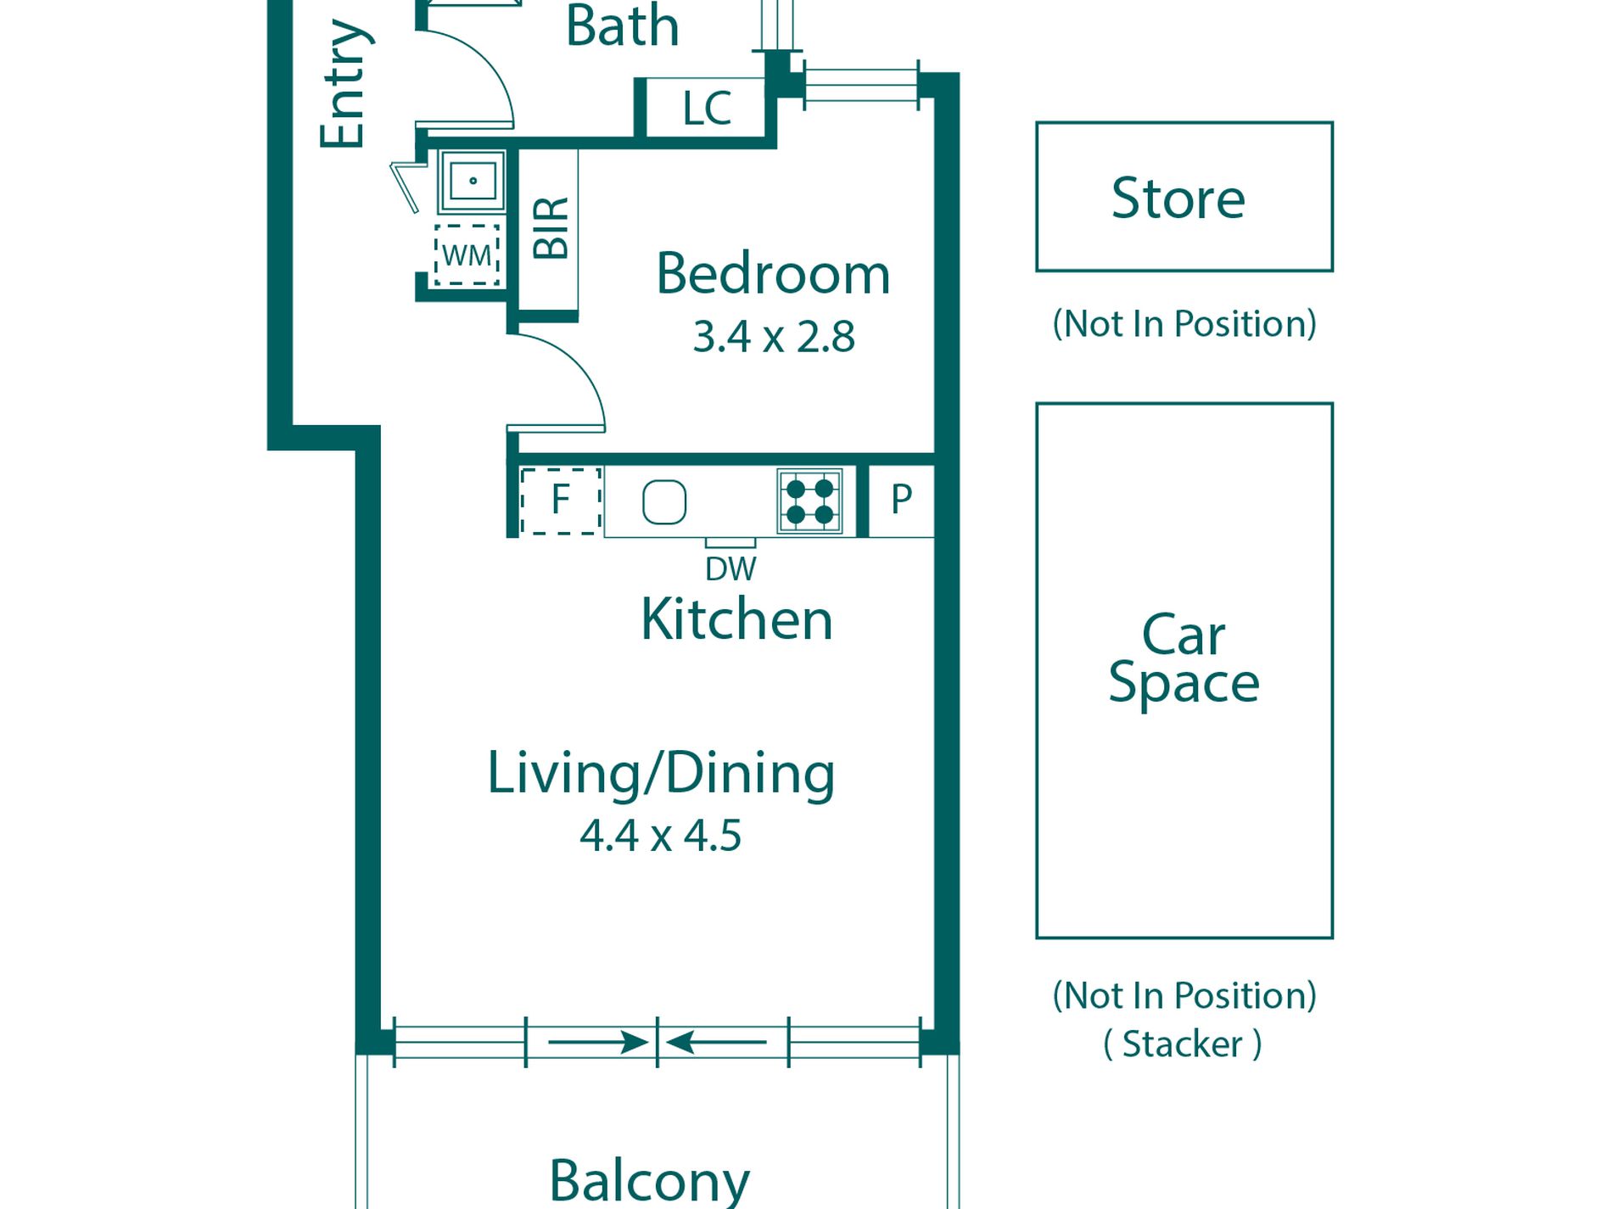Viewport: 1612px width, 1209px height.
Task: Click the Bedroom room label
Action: tap(773, 274)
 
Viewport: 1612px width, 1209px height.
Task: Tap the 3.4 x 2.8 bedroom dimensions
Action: tap(773, 337)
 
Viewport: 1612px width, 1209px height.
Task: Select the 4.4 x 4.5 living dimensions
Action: tap(660, 836)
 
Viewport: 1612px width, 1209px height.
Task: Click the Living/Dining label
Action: tap(661, 774)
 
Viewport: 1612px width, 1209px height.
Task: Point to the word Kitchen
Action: tap(736, 619)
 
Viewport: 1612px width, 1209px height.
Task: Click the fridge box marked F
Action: tap(561, 501)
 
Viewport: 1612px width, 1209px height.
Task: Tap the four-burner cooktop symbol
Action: tap(810, 501)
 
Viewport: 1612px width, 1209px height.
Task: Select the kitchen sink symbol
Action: tap(664, 502)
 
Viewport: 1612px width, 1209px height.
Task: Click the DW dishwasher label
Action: tap(730, 569)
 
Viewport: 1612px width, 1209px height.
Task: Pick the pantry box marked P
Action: tap(901, 501)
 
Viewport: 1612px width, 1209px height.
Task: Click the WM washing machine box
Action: tap(467, 255)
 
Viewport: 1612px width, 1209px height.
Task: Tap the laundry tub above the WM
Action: tap(472, 182)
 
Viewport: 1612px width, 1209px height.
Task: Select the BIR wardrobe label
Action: tap(551, 228)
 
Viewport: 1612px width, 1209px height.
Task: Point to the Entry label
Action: tap(344, 83)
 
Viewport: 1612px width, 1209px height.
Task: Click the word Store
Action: tap(1178, 199)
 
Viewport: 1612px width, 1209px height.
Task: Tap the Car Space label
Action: tap(1184, 658)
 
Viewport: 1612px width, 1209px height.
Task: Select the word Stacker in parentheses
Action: tap(1182, 1044)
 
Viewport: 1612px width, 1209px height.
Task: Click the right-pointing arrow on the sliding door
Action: tap(599, 1042)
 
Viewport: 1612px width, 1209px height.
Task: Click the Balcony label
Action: tap(650, 1180)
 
